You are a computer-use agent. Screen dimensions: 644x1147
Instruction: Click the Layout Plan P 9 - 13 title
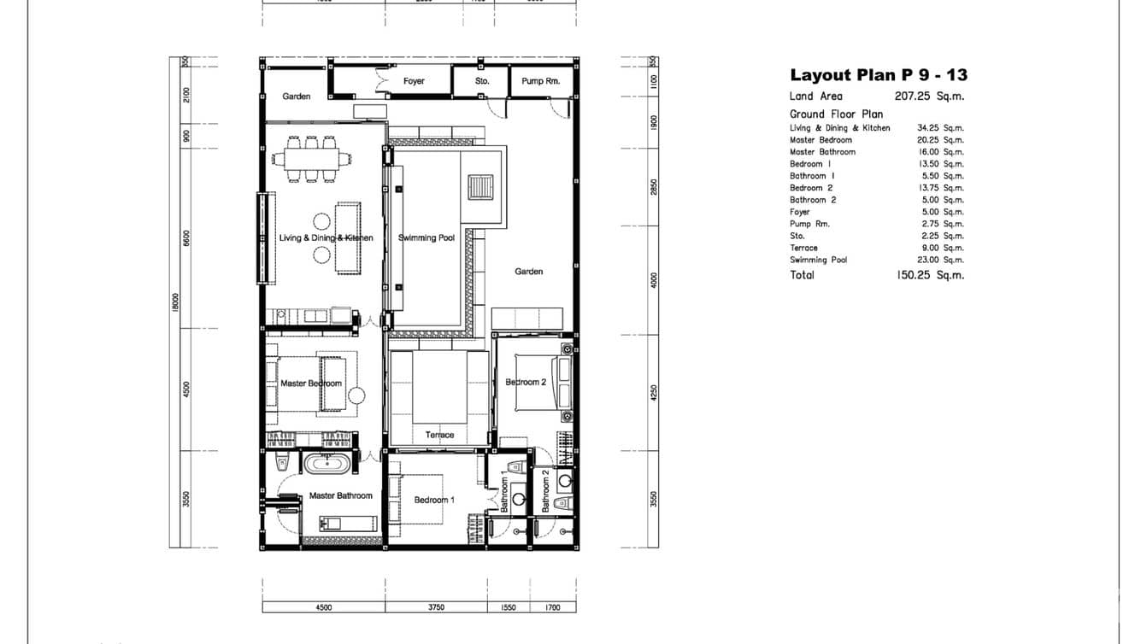coord(878,75)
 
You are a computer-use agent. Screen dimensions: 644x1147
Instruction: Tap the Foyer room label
coord(414,81)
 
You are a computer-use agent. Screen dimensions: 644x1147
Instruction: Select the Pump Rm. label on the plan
coord(540,81)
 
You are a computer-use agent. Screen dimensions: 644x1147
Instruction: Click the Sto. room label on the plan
coord(482,81)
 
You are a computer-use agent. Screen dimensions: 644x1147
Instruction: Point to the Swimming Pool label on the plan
coord(426,237)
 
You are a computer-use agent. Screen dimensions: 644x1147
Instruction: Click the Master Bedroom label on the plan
coord(311,383)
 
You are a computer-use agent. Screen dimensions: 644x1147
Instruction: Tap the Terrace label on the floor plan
coord(440,436)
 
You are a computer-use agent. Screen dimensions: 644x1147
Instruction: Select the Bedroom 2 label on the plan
coord(526,382)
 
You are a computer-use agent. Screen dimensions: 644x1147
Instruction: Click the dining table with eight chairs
coord(311,158)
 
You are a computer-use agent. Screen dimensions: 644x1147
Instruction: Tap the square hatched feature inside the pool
coord(480,187)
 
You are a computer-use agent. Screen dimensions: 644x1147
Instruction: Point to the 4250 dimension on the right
coord(654,392)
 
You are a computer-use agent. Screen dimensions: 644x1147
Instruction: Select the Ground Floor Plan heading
coord(836,114)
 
